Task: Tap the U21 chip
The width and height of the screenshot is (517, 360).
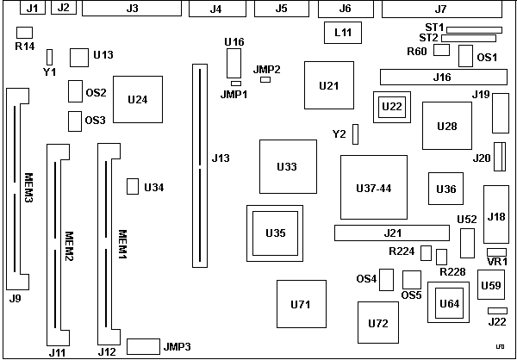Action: click(328, 85)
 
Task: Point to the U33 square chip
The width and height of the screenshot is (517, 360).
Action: click(287, 166)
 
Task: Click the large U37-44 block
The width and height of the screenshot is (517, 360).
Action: click(373, 187)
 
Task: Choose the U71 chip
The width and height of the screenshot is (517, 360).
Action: click(300, 304)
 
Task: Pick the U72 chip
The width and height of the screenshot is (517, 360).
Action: click(377, 323)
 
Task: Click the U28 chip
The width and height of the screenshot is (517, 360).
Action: click(447, 126)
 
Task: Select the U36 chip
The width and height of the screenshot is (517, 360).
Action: click(445, 189)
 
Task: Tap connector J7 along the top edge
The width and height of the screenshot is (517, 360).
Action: click(440, 9)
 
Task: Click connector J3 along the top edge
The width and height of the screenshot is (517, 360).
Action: click(132, 9)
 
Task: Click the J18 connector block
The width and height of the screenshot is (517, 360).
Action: click(495, 216)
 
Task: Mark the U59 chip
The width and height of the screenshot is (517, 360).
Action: click(490, 285)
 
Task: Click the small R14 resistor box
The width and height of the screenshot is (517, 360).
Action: click(24, 32)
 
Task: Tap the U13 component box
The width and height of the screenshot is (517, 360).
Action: click(80, 57)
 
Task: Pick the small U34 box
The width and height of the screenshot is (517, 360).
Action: click(132, 187)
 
